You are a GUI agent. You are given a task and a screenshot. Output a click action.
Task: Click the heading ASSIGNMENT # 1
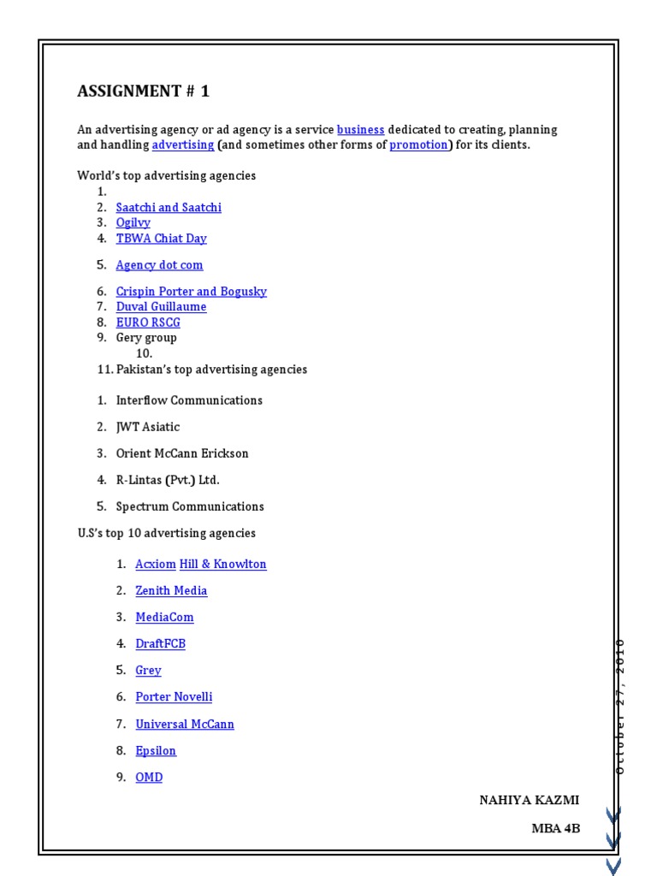144,92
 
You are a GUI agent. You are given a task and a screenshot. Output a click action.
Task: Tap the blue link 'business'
360,129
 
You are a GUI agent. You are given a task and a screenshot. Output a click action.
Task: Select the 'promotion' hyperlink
418,145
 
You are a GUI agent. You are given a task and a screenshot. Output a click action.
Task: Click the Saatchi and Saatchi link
169,207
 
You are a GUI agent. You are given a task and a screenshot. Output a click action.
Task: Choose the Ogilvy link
133,222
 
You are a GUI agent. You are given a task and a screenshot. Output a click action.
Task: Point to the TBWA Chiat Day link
161,238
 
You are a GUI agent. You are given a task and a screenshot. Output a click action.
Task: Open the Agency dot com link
159,264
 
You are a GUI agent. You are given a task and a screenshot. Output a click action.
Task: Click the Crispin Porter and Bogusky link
191,291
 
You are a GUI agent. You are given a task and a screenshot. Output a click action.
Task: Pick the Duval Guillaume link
161,306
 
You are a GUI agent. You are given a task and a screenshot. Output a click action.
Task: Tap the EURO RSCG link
148,322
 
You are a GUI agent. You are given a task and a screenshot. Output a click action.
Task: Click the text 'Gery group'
146,337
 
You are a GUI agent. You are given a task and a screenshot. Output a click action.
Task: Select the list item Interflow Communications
189,400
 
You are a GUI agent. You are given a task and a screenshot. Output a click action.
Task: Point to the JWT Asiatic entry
148,426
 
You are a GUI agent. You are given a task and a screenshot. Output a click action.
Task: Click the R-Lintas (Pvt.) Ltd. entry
168,479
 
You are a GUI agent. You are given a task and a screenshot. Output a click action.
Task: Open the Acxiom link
156,564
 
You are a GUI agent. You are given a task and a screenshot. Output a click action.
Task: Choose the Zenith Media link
171,590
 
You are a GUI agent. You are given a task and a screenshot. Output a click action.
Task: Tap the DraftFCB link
160,643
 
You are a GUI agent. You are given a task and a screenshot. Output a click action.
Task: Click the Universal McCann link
185,724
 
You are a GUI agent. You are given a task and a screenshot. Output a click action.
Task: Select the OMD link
149,777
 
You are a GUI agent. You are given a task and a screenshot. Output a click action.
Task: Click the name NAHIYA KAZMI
529,800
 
